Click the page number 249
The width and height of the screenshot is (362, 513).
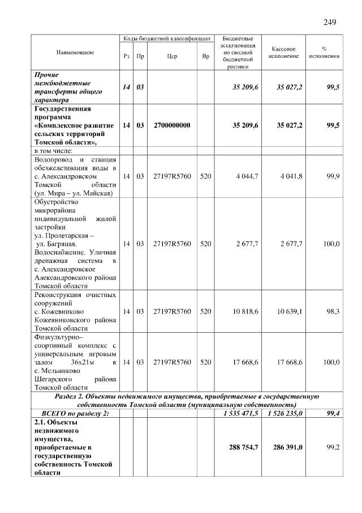coord(330,22)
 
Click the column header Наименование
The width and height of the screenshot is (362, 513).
coord(75,52)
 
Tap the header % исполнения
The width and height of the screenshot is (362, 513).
coord(324,53)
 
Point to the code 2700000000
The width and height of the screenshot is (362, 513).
coord(172,125)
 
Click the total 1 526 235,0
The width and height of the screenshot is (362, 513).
coord(282,414)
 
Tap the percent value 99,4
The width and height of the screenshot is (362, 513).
coord(330,414)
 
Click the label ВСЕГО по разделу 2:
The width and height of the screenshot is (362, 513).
coord(75,414)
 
